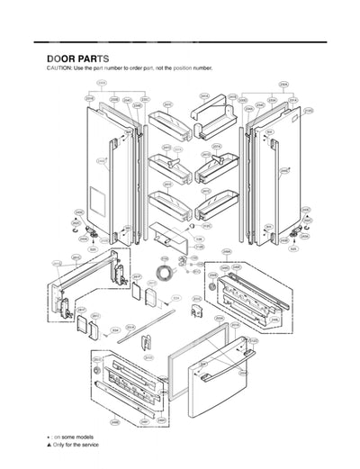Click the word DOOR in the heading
point(61,59)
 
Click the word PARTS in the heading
point(94,59)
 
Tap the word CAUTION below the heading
point(59,69)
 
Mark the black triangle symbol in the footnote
point(49,445)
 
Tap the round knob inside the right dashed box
point(212,285)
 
